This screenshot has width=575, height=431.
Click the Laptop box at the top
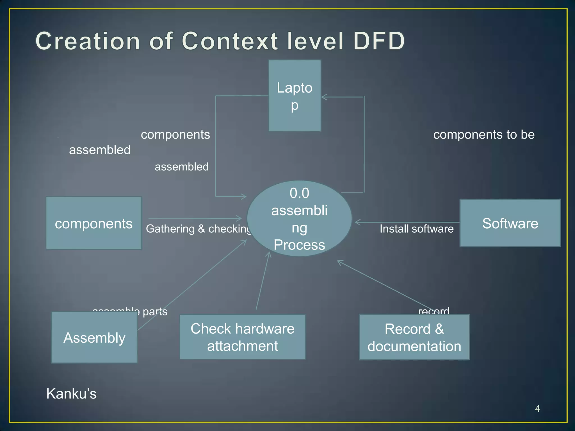pyautogui.click(x=295, y=96)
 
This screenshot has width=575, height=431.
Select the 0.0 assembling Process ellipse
pyautogui.click(x=299, y=219)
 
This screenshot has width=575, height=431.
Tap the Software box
pyautogui.click(x=510, y=223)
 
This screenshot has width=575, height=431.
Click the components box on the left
pyautogui.click(x=94, y=223)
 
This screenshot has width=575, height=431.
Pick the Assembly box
pyautogui.click(x=94, y=337)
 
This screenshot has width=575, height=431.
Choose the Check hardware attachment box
pyautogui.click(x=242, y=337)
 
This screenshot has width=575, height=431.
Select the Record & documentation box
pyautogui.click(x=414, y=337)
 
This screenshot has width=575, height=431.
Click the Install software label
pyautogui.click(x=416, y=229)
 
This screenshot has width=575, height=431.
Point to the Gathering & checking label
pyautogui.click(x=198, y=229)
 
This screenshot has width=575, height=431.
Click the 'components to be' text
pyautogui.click(x=484, y=135)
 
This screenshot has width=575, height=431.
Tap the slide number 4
pyautogui.click(x=537, y=409)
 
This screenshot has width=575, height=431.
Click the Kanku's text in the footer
pyautogui.click(x=71, y=393)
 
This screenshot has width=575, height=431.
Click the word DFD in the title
pyautogui.click(x=379, y=41)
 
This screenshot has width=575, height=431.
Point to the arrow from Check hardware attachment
pyautogui.click(x=263, y=281)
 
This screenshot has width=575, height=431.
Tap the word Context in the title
pyautogui.click(x=230, y=41)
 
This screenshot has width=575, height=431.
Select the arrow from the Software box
pyautogui.click(x=407, y=222)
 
